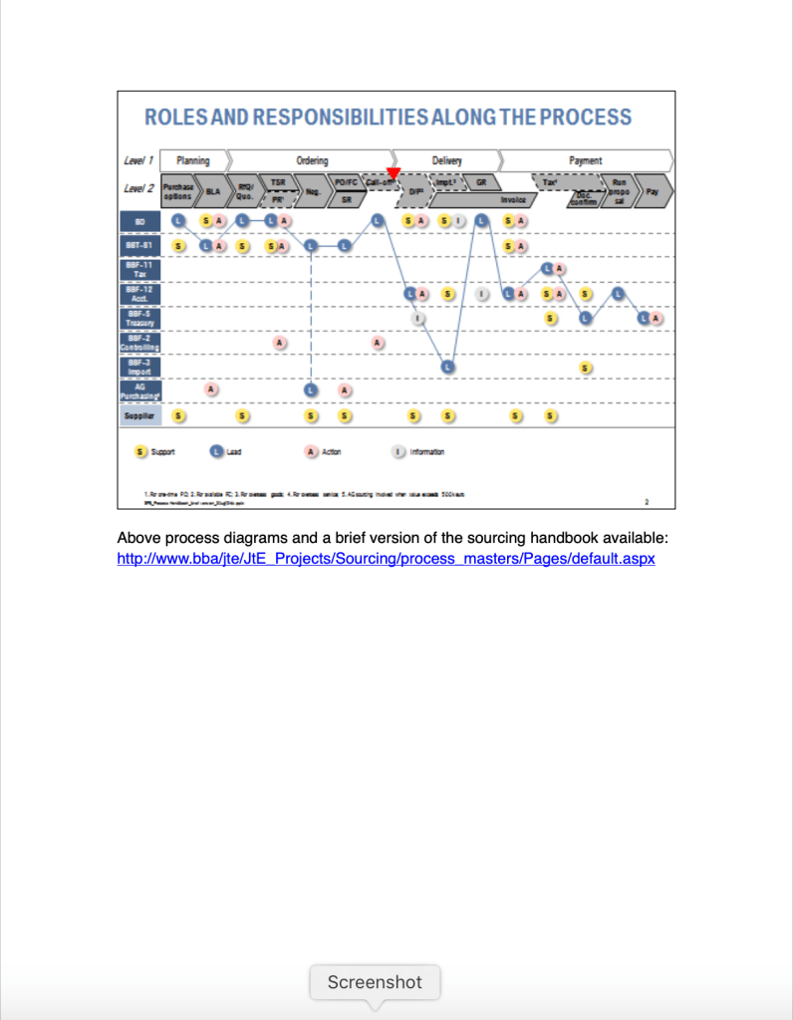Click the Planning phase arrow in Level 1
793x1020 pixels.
pos(193,160)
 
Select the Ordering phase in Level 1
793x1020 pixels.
pos(311,160)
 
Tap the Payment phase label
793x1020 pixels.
pos(585,160)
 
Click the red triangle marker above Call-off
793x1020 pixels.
pos(394,173)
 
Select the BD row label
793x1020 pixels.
pos(138,220)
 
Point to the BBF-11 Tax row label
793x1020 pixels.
pos(138,269)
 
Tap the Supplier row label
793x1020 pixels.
pos(138,415)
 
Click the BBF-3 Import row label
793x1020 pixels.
pos(138,367)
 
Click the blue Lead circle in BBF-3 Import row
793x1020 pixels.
pos(448,367)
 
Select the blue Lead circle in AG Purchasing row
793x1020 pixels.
pos(311,390)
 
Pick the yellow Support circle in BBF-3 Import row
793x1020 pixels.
pos(587,368)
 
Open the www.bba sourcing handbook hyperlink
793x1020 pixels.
pos(386,559)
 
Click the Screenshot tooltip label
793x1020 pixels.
pos(375,982)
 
